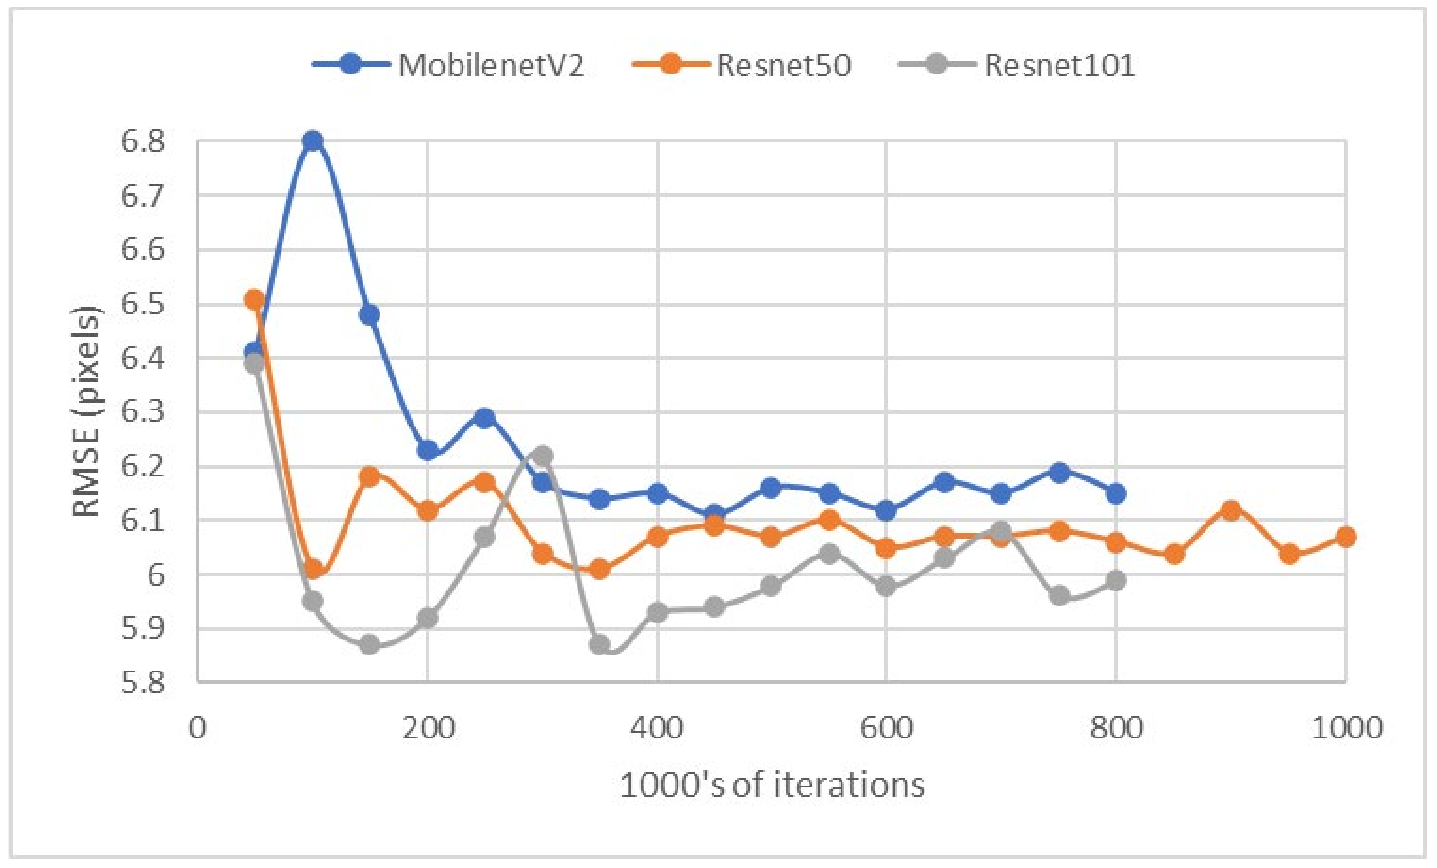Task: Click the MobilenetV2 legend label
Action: click(491, 66)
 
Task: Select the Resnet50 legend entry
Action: click(783, 66)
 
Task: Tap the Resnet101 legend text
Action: click(1059, 66)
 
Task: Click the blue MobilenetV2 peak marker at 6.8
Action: click(313, 141)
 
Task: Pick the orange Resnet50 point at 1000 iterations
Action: click(1346, 537)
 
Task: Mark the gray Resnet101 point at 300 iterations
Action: click(542, 455)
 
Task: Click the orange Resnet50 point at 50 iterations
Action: click(254, 300)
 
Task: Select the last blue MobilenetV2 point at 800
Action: click(1115, 494)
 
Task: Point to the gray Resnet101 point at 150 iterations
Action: click(369, 645)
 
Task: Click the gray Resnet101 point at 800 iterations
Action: click(1115, 581)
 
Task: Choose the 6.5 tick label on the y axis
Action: click(142, 304)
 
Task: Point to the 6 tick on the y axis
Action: click(155, 575)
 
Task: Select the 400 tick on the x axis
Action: click(657, 728)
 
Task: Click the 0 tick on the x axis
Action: click(198, 728)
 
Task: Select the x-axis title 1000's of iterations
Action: click(772, 785)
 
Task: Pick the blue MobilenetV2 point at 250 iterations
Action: click(484, 418)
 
